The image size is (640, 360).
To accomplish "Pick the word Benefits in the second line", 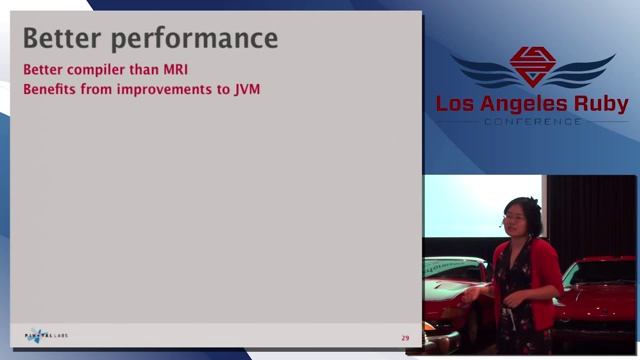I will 50,88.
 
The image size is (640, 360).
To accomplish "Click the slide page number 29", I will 405,338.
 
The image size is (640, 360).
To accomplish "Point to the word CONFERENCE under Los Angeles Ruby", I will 532,122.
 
